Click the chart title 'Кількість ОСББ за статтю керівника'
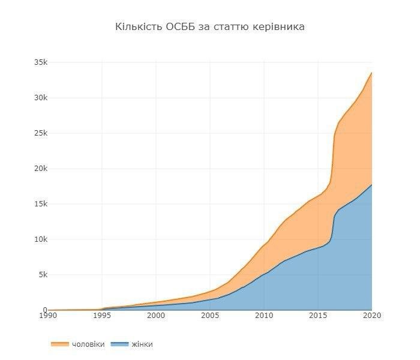[x=209, y=27]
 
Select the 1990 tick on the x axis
[x=48, y=316]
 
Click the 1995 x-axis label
[x=102, y=316]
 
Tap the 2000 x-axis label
[x=156, y=316]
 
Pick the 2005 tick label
[x=210, y=316]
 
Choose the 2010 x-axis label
[x=264, y=316]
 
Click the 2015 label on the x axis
[x=318, y=316]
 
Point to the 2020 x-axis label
[x=371, y=316]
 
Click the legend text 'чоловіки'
[x=88, y=344]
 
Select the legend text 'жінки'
[x=142, y=344]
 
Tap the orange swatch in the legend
[x=59, y=344]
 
